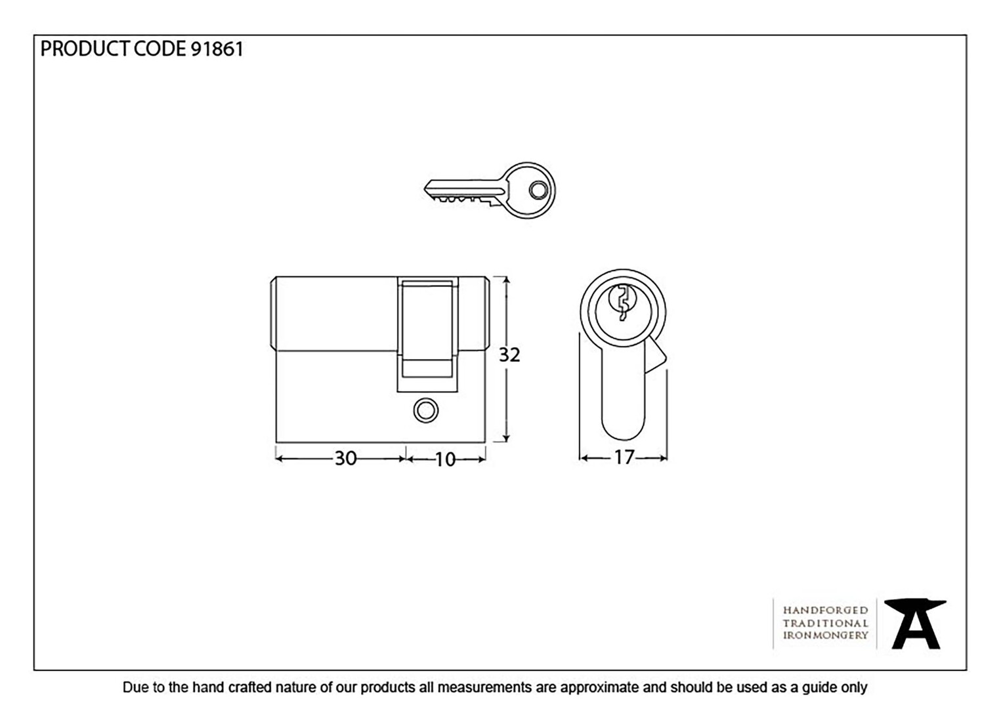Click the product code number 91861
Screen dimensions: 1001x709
pyautogui.click(x=217, y=49)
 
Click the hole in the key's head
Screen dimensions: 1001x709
pyautogui.click(x=538, y=190)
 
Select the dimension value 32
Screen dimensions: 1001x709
pyautogui.click(x=509, y=355)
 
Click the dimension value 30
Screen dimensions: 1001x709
pyautogui.click(x=345, y=459)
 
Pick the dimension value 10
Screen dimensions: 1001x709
pyautogui.click(x=445, y=460)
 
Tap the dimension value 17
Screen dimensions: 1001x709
pyautogui.click(x=624, y=458)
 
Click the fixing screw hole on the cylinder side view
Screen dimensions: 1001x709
pyautogui.click(x=426, y=411)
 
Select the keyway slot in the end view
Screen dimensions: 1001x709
pyautogui.click(x=623, y=303)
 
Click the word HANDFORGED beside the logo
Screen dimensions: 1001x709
pyautogui.click(x=825, y=611)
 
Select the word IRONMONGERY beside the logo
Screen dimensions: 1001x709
pyautogui.click(x=825, y=635)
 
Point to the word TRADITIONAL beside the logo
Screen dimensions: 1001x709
pyautogui.click(x=825, y=623)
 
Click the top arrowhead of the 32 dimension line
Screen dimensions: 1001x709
pyautogui.click(x=506, y=281)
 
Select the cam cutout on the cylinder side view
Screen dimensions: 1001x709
pyautogui.click(x=428, y=334)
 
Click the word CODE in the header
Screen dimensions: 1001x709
pyautogui.click(x=160, y=49)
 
